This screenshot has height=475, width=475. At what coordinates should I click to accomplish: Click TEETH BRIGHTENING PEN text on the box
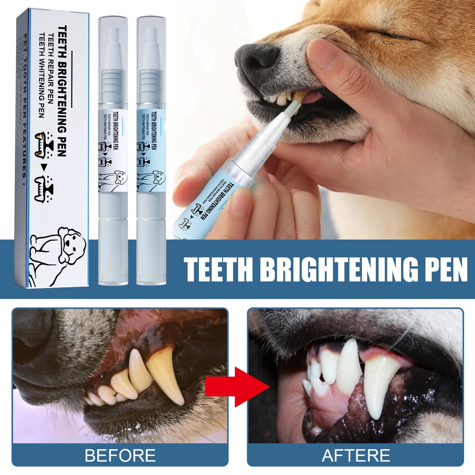pyautogui.click(x=62, y=90)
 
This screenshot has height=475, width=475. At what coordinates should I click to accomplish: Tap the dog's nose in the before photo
pyautogui.click(x=31, y=335)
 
